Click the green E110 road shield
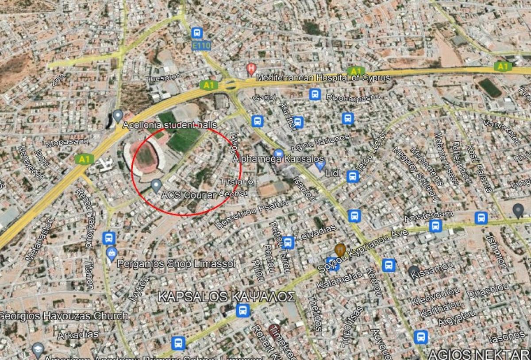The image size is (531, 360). [202, 46]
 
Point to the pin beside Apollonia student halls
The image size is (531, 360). [117, 116]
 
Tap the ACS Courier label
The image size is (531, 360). [189, 194]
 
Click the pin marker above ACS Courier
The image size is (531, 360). [156, 185]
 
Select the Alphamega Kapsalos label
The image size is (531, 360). [279, 159]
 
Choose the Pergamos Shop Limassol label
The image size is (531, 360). [176, 264]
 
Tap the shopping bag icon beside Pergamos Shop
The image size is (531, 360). [112, 254]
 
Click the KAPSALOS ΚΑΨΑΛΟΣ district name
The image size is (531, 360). [227, 297]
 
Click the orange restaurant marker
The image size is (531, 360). [340, 249]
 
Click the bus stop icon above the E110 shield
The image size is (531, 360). [197, 33]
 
